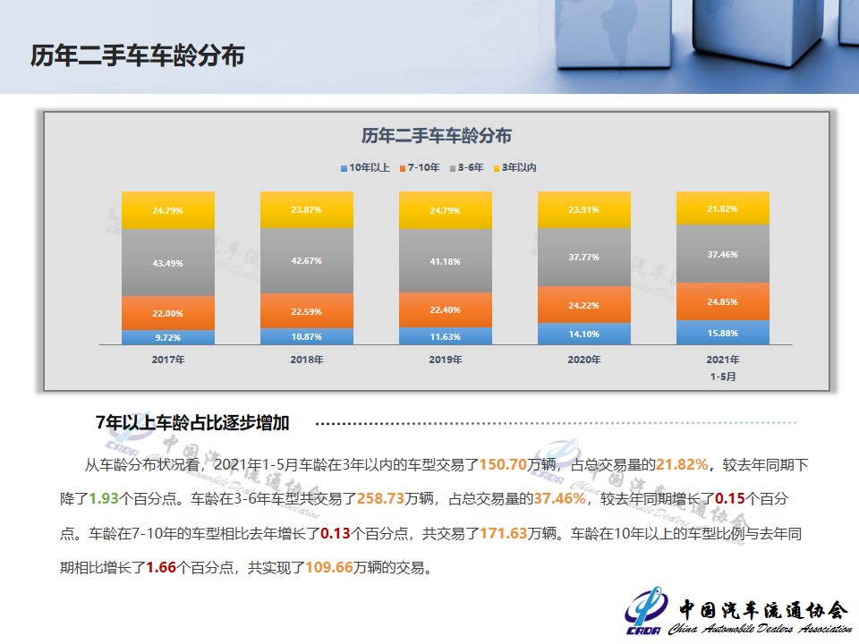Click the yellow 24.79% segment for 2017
168,210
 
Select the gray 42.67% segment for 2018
307,260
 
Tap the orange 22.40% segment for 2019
446,310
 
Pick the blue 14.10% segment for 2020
584,334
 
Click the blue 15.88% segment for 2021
723,333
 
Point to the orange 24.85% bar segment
723,301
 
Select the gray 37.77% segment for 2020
584,257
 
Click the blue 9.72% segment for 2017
168,337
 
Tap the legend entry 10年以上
365,167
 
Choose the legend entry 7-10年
420,167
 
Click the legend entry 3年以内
515,167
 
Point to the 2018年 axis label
307,360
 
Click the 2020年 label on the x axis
584,360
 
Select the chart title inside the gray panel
436,135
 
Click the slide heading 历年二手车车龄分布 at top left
138,55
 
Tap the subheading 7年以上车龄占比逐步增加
192,423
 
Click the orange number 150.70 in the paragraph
503,465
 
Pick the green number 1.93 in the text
104,499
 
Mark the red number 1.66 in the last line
161,567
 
